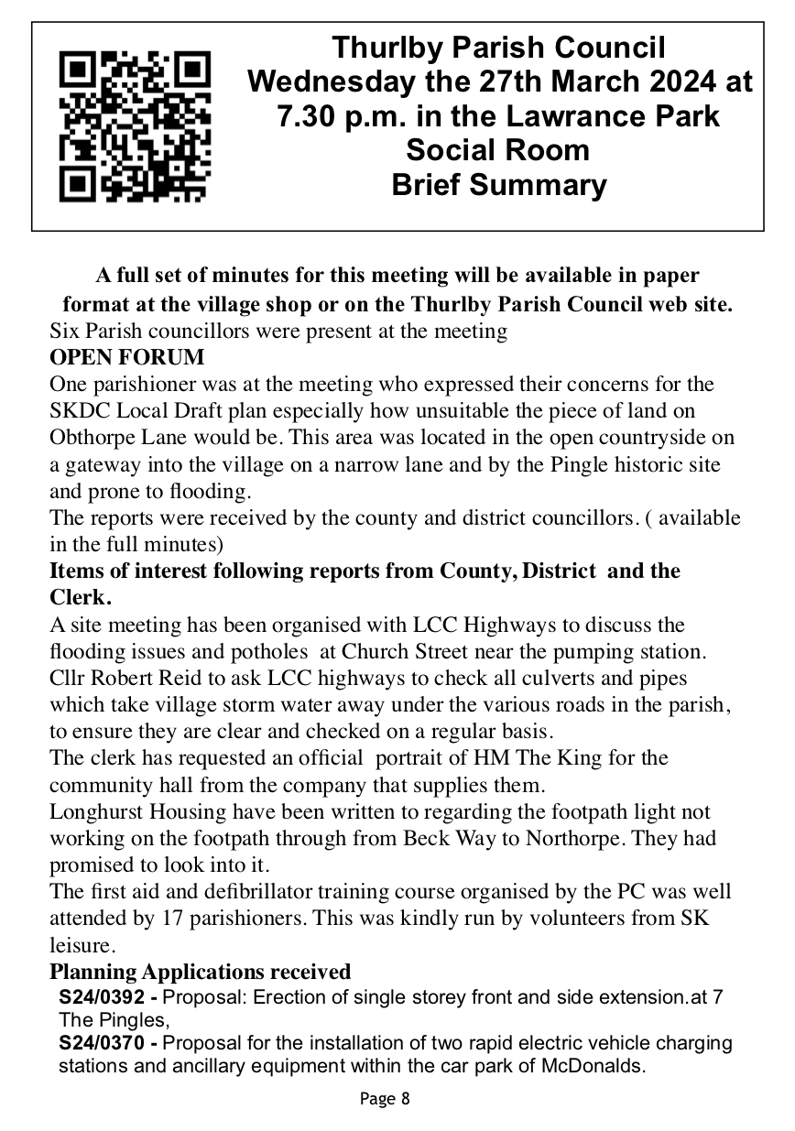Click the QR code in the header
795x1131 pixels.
coord(135,126)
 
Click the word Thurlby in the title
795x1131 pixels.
coord(385,47)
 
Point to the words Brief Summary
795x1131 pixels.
coord(498,185)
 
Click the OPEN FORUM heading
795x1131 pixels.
coord(127,356)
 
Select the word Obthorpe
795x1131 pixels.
coord(90,438)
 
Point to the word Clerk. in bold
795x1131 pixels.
coord(81,598)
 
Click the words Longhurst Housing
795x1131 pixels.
coord(122,811)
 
